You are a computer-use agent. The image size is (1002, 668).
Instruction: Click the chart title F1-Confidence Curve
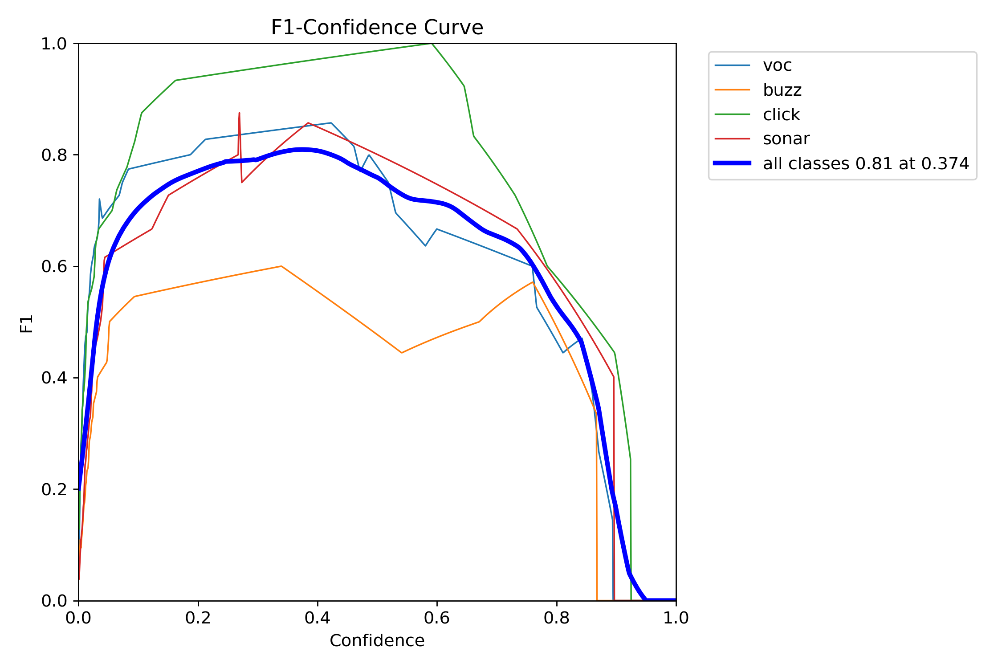click(x=377, y=28)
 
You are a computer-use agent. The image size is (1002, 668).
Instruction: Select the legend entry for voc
click(x=777, y=65)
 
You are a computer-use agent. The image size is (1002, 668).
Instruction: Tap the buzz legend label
click(x=782, y=90)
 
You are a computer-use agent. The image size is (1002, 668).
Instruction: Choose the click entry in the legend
click(x=781, y=115)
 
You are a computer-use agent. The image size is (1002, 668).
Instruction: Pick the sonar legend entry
click(x=786, y=139)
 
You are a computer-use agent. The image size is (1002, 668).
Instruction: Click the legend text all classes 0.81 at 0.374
click(x=866, y=164)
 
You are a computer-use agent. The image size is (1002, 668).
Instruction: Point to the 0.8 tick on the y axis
click(x=54, y=155)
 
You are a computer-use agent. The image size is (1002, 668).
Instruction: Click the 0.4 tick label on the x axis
click(x=318, y=618)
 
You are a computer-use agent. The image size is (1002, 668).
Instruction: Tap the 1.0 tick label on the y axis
click(x=54, y=44)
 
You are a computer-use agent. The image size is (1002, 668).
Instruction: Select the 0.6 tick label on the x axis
click(x=437, y=618)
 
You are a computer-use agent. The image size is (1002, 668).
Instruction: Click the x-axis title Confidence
click(x=377, y=641)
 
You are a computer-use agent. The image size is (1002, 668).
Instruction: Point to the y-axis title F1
click(x=27, y=324)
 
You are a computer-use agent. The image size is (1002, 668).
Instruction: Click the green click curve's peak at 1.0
click(x=431, y=44)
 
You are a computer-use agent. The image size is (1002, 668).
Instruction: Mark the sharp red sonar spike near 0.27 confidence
click(x=239, y=114)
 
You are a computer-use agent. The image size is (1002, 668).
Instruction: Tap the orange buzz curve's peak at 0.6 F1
click(x=281, y=266)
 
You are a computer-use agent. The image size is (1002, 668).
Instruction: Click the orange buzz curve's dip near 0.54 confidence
click(x=402, y=353)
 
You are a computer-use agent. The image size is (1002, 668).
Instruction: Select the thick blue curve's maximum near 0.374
click(x=302, y=150)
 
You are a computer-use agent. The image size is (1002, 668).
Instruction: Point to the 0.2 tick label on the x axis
click(x=198, y=618)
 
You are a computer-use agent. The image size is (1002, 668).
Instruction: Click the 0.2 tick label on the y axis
click(x=54, y=489)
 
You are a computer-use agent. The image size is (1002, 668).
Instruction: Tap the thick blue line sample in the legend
click(x=732, y=163)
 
